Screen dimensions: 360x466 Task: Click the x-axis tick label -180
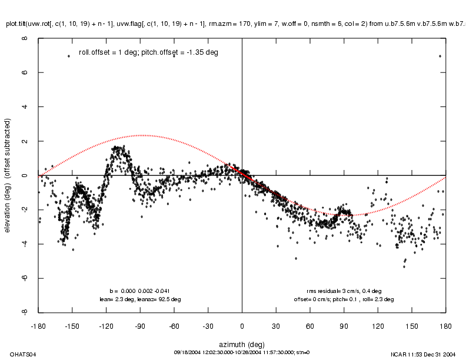(x=39, y=325)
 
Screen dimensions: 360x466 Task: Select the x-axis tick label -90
(x=140, y=325)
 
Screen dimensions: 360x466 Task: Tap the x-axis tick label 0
(x=242, y=325)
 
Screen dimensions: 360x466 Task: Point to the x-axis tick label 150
(x=411, y=325)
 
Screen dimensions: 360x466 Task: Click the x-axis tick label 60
(x=309, y=325)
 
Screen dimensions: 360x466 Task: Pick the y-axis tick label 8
(x=25, y=39)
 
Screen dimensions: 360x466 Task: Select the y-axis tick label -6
(x=25, y=278)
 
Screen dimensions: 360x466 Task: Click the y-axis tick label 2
(x=25, y=142)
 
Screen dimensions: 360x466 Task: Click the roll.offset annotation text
(x=148, y=52)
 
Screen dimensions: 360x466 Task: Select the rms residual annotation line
(x=344, y=291)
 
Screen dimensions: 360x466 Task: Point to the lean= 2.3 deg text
(x=141, y=299)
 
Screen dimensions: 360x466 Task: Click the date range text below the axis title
(x=242, y=352)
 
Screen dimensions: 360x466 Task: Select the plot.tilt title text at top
(x=235, y=24)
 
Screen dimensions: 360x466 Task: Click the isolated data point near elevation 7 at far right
(x=440, y=56)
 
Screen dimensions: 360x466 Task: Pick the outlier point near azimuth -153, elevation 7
(x=69, y=56)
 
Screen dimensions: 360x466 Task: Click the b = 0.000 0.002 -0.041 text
(x=140, y=291)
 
